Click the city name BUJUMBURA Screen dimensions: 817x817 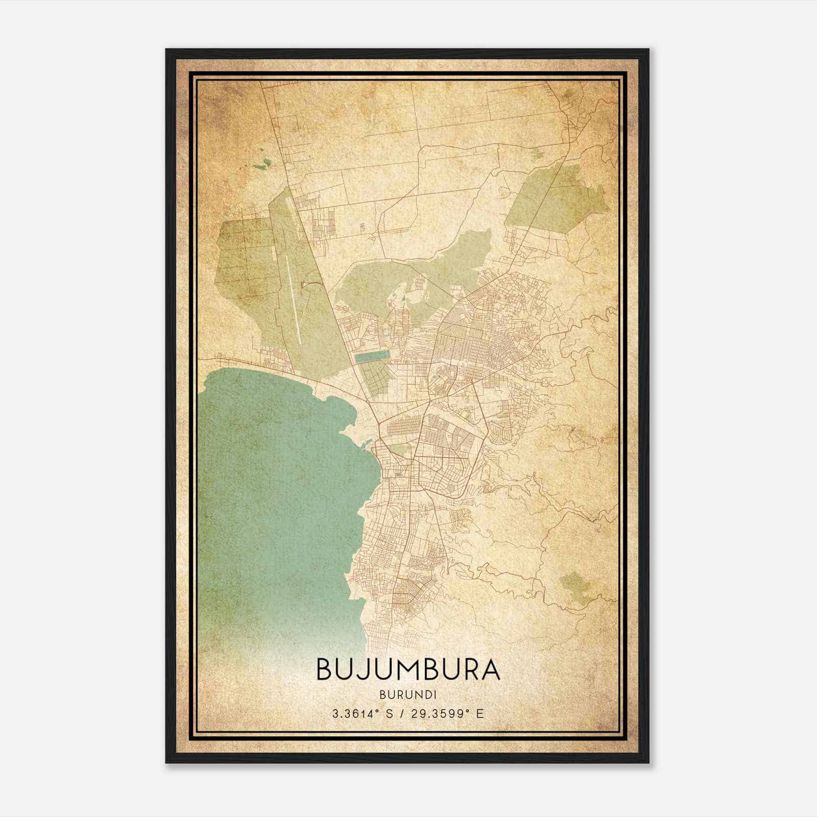point(408,669)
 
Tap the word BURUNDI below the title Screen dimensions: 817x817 point(408,694)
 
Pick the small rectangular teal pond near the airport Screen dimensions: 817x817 point(372,356)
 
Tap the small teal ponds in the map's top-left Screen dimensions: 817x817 point(265,163)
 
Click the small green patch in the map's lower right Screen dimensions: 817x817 point(575,582)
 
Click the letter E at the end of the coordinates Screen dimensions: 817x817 point(479,714)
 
